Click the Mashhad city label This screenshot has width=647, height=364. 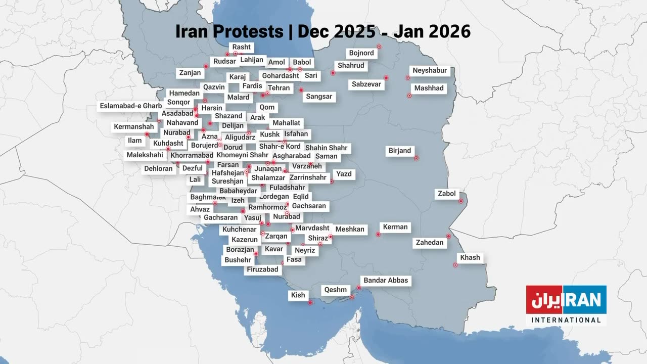(429, 88)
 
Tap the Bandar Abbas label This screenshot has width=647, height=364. (385, 281)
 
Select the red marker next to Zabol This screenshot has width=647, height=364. (461, 201)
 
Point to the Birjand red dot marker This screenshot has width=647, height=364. (416, 158)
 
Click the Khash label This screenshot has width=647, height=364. (470, 258)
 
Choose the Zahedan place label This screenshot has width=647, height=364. (429, 243)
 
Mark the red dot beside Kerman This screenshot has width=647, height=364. (378, 234)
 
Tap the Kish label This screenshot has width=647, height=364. (298, 295)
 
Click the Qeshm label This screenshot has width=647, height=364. (336, 290)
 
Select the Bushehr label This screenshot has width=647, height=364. (238, 260)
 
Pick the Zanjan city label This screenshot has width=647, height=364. (190, 73)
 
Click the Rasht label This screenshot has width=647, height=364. (241, 48)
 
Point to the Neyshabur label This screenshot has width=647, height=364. (430, 71)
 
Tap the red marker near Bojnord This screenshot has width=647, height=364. (379, 47)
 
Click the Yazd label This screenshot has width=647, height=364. (343, 174)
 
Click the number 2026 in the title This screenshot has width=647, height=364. (449, 31)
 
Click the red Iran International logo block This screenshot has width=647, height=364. (566, 300)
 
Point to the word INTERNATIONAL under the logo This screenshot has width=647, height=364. (566, 320)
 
